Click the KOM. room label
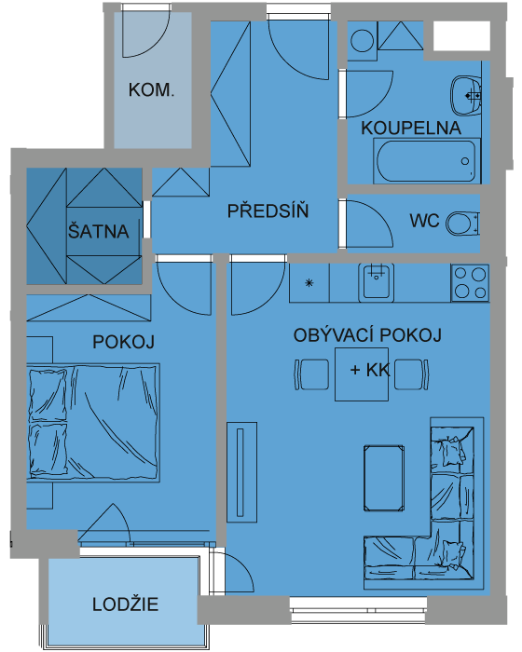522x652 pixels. (x=151, y=89)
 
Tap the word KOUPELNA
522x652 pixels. (x=411, y=128)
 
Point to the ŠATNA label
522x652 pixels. (x=98, y=231)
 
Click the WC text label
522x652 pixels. (x=424, y=221)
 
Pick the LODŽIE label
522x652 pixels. (x=125, y=604)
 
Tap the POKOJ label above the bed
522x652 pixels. (x=123, y=342)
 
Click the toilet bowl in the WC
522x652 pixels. (x=462, y=224)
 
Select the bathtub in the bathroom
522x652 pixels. (x=427, y=161)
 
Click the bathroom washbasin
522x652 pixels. (x=465, y=96)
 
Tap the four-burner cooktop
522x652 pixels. (x=470, y=283)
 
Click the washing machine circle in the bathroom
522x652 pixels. (x=363, y=41)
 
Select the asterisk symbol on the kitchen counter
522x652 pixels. (x=309, y=283)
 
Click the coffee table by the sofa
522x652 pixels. (x=384, y=478)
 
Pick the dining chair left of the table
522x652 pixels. (x=311, y=374)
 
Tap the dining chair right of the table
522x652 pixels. (x=411, y=374)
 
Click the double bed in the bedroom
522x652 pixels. (x=93, y=423)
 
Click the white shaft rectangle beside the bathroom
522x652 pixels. (x=461, y=35)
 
